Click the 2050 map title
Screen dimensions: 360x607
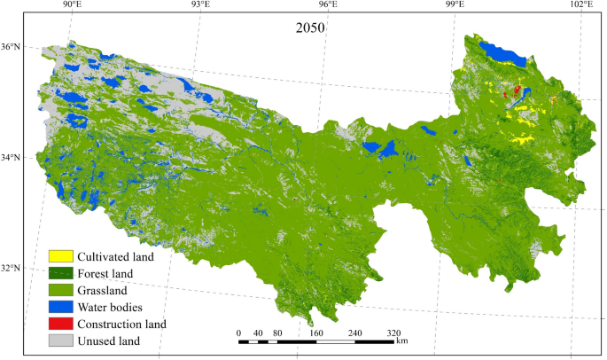point(310,27)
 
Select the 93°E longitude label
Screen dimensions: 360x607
point(200,6)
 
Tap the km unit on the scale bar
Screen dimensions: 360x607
point(402,340)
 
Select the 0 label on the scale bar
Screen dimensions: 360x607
point(239,333)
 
